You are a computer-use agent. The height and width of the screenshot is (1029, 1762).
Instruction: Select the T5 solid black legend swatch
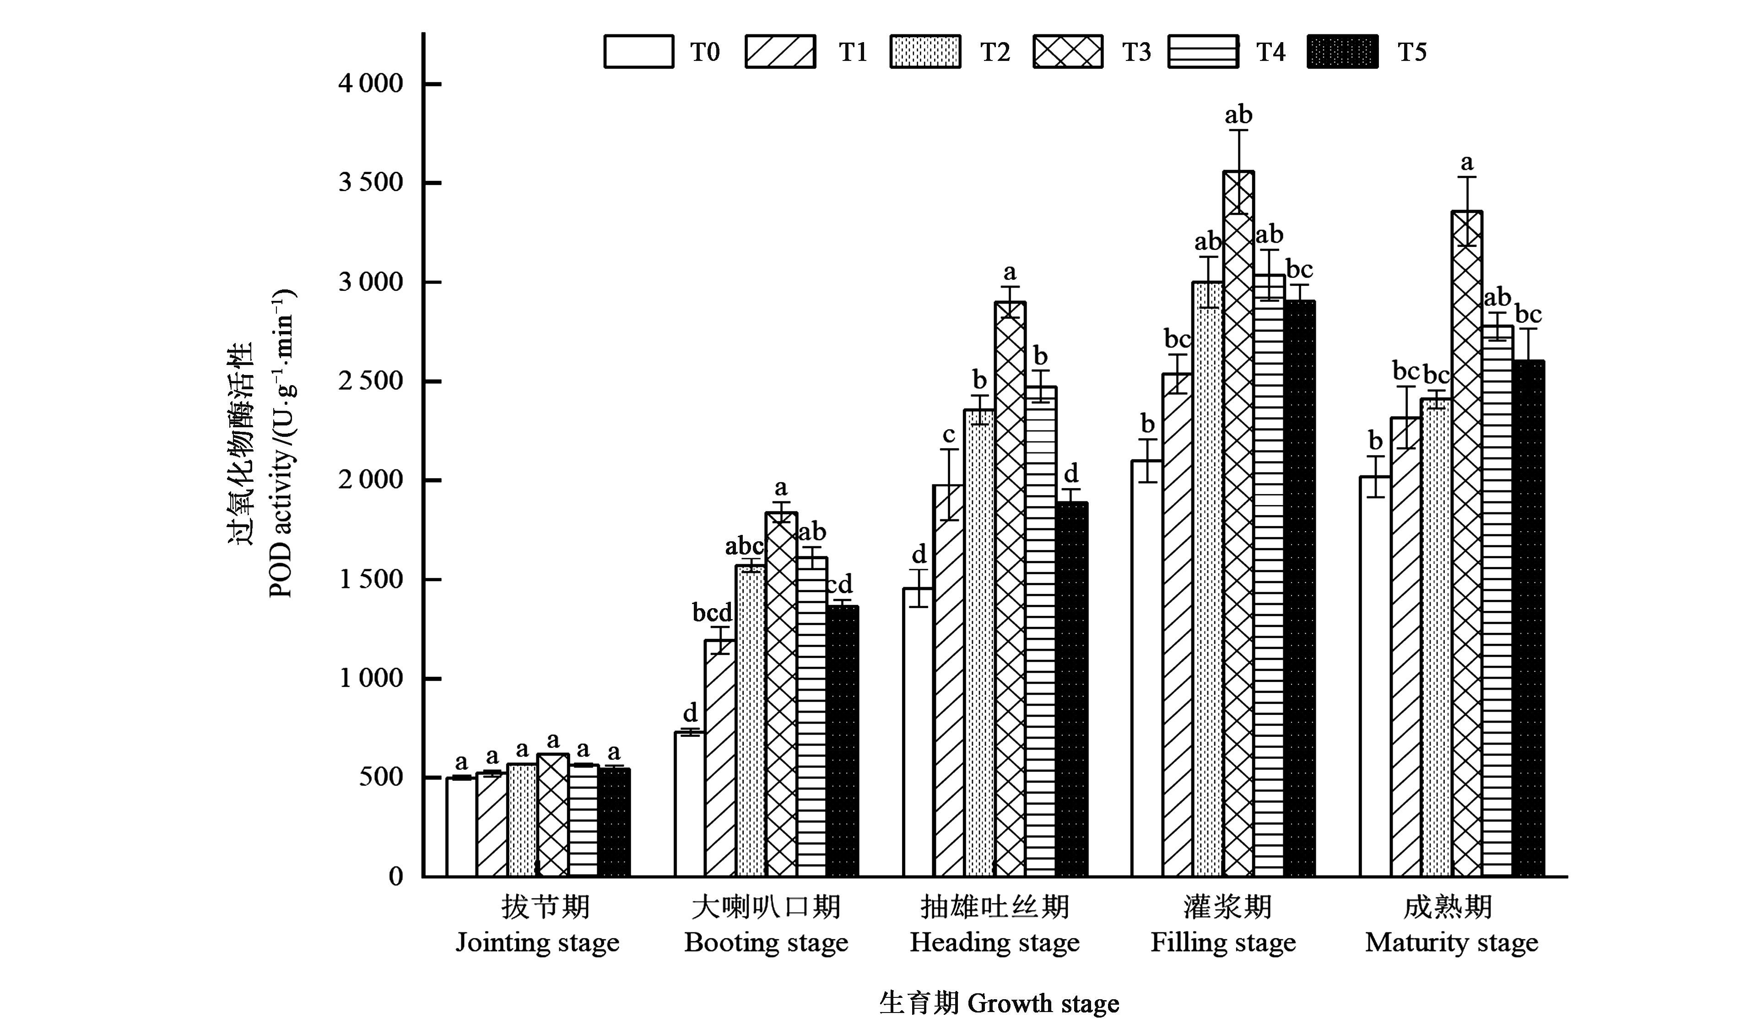(x=1342, y=52)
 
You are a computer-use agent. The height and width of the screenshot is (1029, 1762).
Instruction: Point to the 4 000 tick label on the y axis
(x=371, y=84)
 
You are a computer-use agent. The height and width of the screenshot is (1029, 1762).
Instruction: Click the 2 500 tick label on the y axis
(x=371, y=381)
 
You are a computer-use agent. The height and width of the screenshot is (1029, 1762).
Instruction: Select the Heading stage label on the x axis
(x=994, y=942)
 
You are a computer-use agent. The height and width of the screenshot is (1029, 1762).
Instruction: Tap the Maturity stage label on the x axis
(x=1452, y=942)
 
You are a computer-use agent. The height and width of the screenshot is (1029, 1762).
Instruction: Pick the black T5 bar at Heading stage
(x=1071, y=689)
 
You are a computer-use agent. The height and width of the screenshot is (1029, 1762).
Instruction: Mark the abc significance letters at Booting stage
(x=744, y=545)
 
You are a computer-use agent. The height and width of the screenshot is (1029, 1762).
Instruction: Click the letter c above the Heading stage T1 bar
(x=949, y=435)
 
